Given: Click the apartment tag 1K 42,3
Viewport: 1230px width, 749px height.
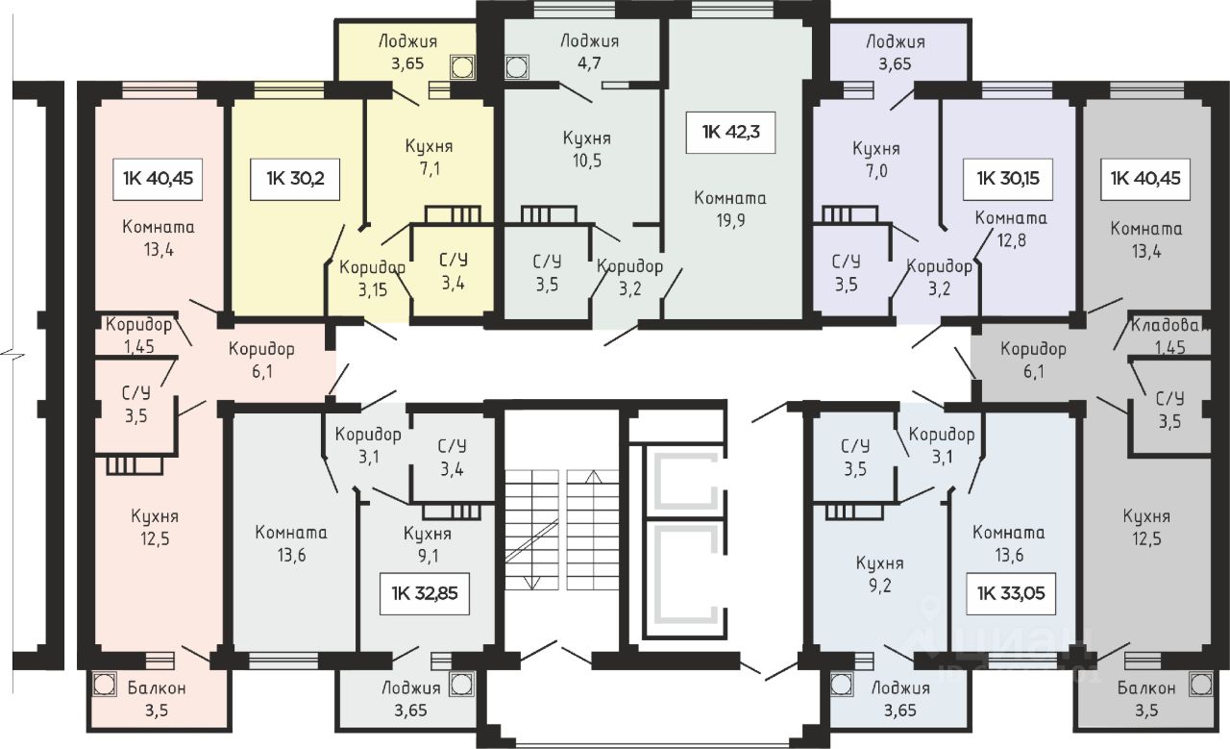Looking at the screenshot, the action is click(x=730, y=132).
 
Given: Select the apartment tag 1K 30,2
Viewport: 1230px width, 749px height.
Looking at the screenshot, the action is click(x=295, y=179).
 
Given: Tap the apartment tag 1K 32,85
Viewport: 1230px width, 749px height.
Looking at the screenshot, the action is click(x=425, y=593).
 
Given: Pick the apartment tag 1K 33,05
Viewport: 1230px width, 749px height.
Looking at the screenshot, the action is click(x=1010, y=593).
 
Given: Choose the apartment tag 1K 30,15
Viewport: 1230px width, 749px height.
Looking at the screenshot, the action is click(x=1008, y=179).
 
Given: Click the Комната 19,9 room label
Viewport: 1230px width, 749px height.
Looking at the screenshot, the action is click(x=730, y=209).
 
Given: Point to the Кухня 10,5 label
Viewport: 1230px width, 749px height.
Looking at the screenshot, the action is click(x=586, y=149).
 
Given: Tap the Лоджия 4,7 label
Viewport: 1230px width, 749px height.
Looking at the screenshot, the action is click(x=589, y=52).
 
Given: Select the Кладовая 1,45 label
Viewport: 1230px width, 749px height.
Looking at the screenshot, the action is click(x=1169, y=337).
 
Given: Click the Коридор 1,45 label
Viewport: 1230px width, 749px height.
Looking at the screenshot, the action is click(x=139, y=336).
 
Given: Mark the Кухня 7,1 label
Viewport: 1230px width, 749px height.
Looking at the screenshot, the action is click(x=430, y=157).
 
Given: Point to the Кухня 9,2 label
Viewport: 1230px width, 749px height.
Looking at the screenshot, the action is click(x=879, y=574).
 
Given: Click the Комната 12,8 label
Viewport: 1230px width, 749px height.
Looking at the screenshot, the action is click(x=1011, y=229).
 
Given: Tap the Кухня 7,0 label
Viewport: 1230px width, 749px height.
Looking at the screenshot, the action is click(x=876, y=160).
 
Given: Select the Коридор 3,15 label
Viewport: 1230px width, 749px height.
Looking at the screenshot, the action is click(x=372, y=278).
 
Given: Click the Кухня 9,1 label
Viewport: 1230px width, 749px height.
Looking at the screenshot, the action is click(x=428, y=544).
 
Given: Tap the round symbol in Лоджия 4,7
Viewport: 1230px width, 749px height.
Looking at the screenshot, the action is click(x=516, y=67).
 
